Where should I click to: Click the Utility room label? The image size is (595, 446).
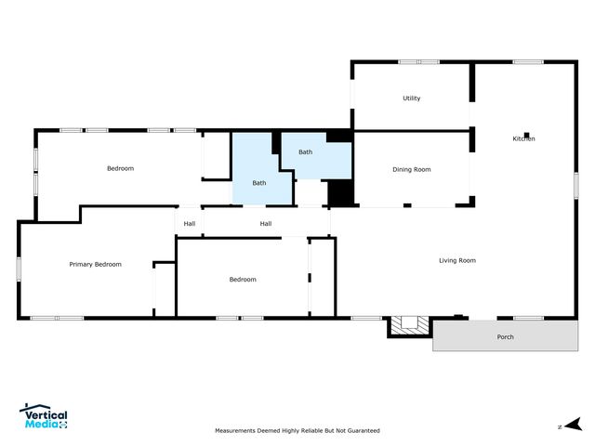[x=411, y=98]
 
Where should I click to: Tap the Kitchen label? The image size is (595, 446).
[x=523, y=139]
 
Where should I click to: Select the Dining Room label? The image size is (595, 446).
[x=411, y=169]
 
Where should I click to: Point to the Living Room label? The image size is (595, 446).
[x=456, y=260]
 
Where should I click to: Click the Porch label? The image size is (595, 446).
[x=504, y=336]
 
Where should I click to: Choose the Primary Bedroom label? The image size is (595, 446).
[x=95, y=264]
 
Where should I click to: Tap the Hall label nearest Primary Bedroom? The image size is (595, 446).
[x=189, y=223]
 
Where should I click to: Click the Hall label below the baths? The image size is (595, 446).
[x=265, y=223]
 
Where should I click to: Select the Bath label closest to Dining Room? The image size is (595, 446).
[x=305, y=151]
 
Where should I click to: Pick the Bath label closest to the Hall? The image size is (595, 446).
[x=258, y=182]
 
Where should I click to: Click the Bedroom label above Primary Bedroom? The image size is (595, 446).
[x=120, y=168]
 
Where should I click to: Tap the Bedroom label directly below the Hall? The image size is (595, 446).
[x=243, y=279]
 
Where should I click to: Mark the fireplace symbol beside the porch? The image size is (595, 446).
[x=409, y=325]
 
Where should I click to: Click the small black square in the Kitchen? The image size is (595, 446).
[x=526, y=135]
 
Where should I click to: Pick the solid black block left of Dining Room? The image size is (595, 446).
[x=341, y=192]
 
